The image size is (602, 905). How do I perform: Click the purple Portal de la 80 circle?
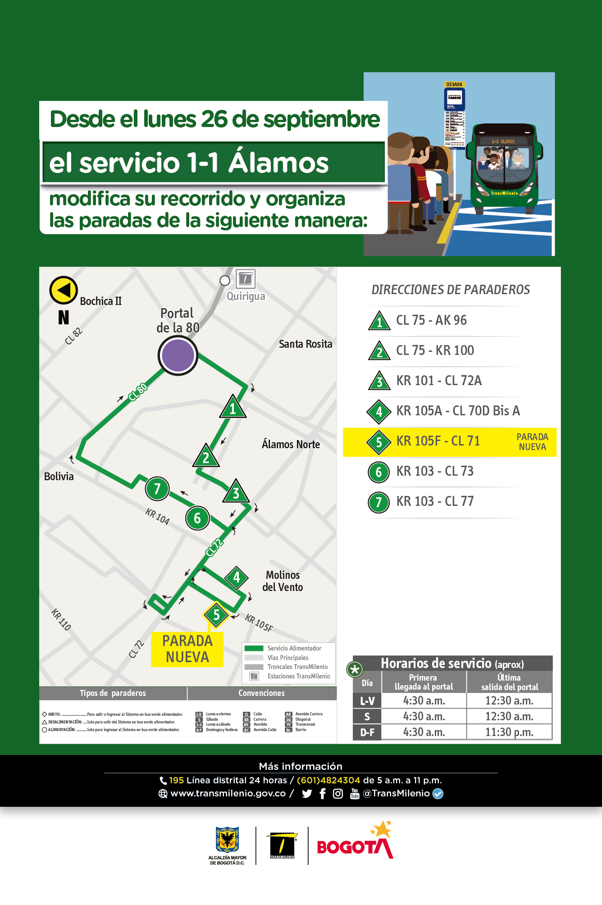[x=178, y=355]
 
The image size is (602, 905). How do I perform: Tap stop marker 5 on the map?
[x=216, y=615]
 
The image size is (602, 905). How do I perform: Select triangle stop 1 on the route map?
[x=233, y=408]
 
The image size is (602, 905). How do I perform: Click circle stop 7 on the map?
[x=157, y=489]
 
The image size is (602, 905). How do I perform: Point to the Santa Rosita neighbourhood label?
[x=306, y=344]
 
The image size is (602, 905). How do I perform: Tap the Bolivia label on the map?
[x=59, y=477]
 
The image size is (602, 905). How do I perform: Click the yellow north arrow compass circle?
[x=64, y=290]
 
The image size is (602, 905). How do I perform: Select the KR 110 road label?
[x=61, y=619]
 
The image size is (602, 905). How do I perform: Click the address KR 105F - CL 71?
[x=438, y=441]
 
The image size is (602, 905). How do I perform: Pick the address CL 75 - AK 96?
[x=431, y=320]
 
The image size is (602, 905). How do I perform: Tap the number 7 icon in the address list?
[x=379, y=502]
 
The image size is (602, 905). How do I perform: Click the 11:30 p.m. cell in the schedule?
[x=509, y=732]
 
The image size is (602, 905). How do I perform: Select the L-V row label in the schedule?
[x=367, y=701]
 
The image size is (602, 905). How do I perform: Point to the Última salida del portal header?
[x=509, y=682]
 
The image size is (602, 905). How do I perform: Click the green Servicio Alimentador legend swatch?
[x=254, y=648]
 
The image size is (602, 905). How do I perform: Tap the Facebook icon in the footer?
[x=323, y=794]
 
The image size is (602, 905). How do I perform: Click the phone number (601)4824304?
[x=328, y=780]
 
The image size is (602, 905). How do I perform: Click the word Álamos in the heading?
[x=278, y=163]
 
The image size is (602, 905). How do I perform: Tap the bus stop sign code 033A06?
[x=454, y=84]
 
